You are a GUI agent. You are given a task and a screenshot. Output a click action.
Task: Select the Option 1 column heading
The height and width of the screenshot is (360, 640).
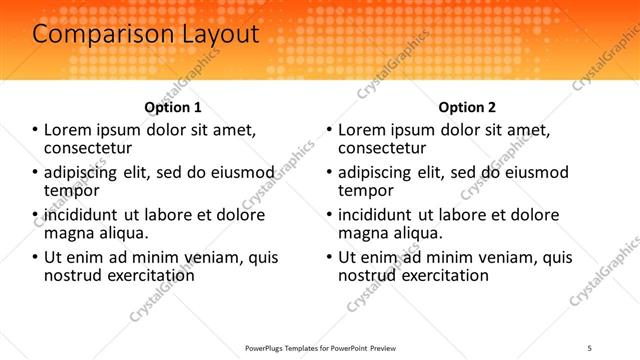pyautogui.click(x=173, y=107)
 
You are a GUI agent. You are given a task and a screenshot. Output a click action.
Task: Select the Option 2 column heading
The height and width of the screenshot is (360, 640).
pyautogui.click(x=467, y=107)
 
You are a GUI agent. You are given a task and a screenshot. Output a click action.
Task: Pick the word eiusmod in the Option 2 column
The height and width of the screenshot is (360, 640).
pyautogui.click(x=533, y=172)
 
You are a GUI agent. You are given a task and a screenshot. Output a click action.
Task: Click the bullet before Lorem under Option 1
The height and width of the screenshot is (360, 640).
pyautogui.click(x=35, y=130)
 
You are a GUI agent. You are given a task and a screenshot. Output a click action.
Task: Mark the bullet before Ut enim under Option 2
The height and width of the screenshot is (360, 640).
pyautogui.click(x=329, y=258)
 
